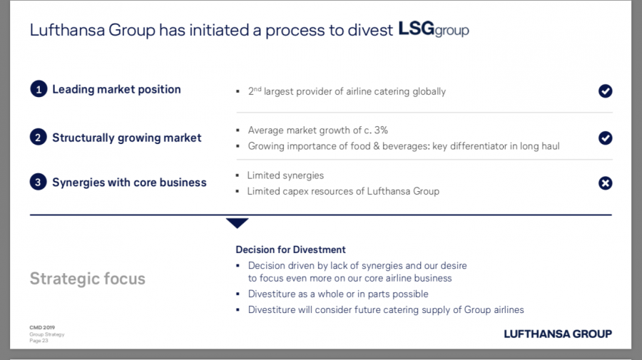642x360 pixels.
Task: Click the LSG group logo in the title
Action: pyautogui.click(x=434, y=30)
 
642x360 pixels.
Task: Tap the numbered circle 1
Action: pyautogui.click(x=38, y=90)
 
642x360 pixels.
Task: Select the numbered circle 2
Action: pyautogui.click(x=38, y=138)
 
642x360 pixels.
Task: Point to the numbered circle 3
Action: pyautogui.click(x=38, y=182)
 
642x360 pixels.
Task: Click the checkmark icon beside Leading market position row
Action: pyautogui.click(x=605, y=91)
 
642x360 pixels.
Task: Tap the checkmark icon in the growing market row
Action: pyautogui.click(x=605, y=138)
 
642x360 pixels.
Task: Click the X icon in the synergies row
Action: pyautogui.click(x=605, y=183)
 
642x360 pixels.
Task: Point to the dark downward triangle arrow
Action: pyautogui.click(x=237, y=223)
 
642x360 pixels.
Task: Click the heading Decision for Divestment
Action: pyautogui.click(x=290, y=250)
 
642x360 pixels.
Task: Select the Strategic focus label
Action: pyautogui.click(x=87, y=279)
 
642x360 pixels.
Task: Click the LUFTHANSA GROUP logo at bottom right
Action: pyautogui.click(x=557, y=334)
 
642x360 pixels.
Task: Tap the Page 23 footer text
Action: pyautogui.click(x=39, y=340)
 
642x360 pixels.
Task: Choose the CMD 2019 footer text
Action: pyautogui.click(x=41, y=328)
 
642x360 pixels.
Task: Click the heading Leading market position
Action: pyautogui.click(x=116, y=90)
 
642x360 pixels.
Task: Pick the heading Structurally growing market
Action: pyautogui.click(x=127, y=138)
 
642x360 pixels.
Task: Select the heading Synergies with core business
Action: pyautogui.click(x=129, y=182)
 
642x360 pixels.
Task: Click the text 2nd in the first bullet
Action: pyautogui.click(x=254, y=91)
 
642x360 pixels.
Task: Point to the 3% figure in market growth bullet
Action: pyautogui.click(x=380, y=130)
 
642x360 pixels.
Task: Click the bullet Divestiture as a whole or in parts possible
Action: pyautogui.click(x=338, y=294)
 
